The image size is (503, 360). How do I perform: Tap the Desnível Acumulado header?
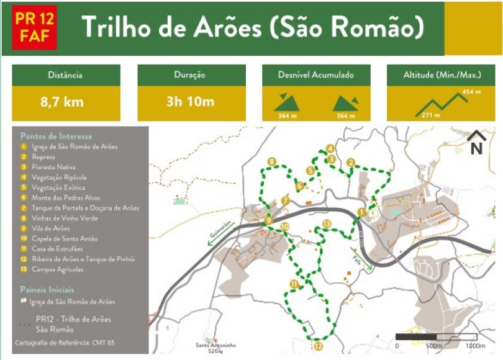tap(317, 75)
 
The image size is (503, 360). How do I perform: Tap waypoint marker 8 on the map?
tap(272, 163)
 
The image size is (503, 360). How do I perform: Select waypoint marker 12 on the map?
tap(318, 346)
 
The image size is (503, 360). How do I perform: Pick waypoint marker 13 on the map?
tap(327, 223)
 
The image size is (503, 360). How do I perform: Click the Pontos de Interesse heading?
tap(56, 136)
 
